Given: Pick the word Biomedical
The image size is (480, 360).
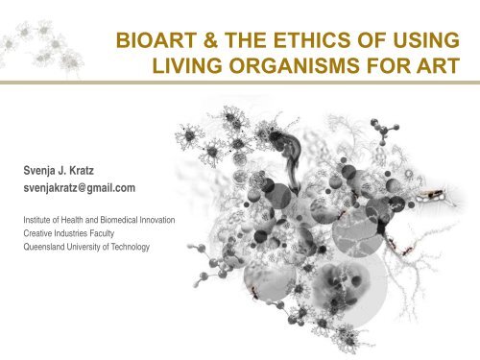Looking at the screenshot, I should pyautogui.click(x=117, y=220).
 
